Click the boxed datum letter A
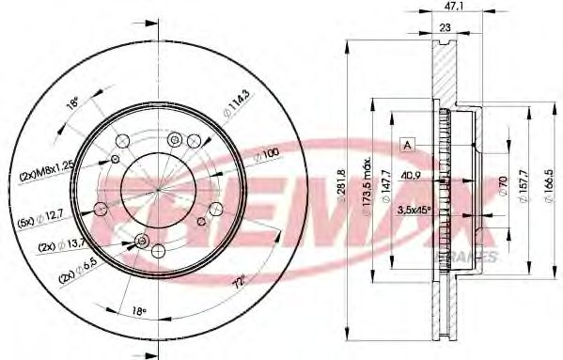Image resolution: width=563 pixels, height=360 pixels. [x=407, y=144]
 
